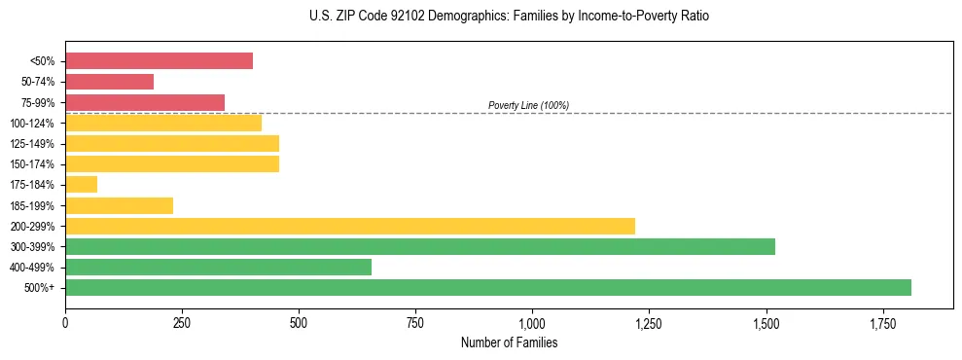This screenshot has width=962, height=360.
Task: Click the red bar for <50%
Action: pyautogui.click(x=159, y=61)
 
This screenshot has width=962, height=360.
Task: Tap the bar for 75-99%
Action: pyautogui.click(x=145, y=102)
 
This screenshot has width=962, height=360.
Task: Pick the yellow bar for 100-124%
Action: pyautogui.click(x=163, y=123)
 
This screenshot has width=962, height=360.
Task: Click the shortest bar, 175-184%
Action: pyautogui.click(x=81, y=184)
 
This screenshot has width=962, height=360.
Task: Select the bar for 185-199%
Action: pyautogui.click(x=119, y=205)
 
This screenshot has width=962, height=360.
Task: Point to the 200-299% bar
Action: pyautogui.click(x=350, y=226)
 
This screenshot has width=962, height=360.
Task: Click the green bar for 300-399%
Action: pyautogui.click(x=420, y=246)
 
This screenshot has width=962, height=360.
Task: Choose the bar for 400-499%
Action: pyautogui.click(x=218, y=267)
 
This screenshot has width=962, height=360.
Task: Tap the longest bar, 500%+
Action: pyautogui.click(x=488, y=287)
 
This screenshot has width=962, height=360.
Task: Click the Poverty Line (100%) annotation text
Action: pyautogui.click(x=528, y=105)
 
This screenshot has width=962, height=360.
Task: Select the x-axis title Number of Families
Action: pyautogui.click(x=509, y=342)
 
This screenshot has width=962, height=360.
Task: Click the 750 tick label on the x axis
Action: pyautogui.click(x=415, y=322)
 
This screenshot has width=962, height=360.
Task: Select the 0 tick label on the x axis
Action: pyautogui.click(x=65, y=322)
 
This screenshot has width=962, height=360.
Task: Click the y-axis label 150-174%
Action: pyautogui.click(x=32, y=164)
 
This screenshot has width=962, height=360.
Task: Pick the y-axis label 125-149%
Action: pyautogui.click(x=32, y=144)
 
